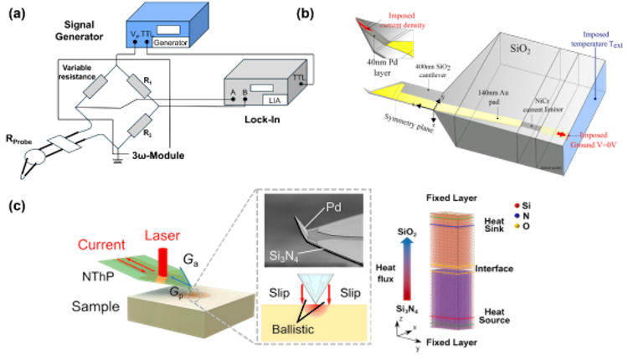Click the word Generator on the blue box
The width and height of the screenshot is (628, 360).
click(x=172, y=42)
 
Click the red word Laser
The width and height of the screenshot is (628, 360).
click(x=162, y=237)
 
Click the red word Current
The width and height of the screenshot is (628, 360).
click(x=101, y=244)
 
